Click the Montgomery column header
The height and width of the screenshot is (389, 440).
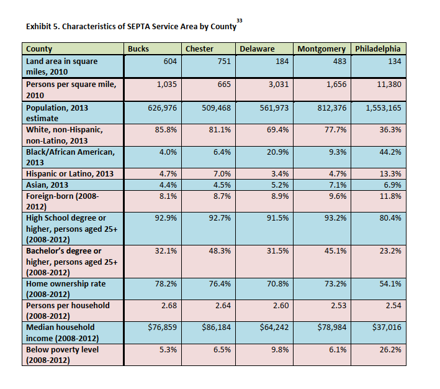323,49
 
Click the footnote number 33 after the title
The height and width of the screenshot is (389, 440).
240,21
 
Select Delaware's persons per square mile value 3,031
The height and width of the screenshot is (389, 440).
277,84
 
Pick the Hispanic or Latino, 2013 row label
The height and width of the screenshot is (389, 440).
69,173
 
